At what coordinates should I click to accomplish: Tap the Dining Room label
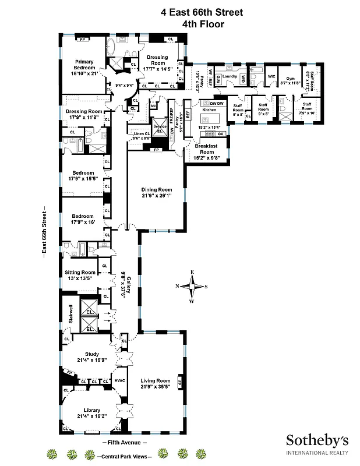click(157, 189)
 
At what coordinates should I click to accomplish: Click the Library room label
click(91, 409)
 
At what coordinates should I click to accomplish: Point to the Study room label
click(91, 354)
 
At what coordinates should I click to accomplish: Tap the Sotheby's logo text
click(316, 440)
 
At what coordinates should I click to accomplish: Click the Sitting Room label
click(80, 273)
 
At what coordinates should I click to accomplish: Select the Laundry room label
click(229, 76)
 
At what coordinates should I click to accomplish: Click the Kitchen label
click(209, 110)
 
